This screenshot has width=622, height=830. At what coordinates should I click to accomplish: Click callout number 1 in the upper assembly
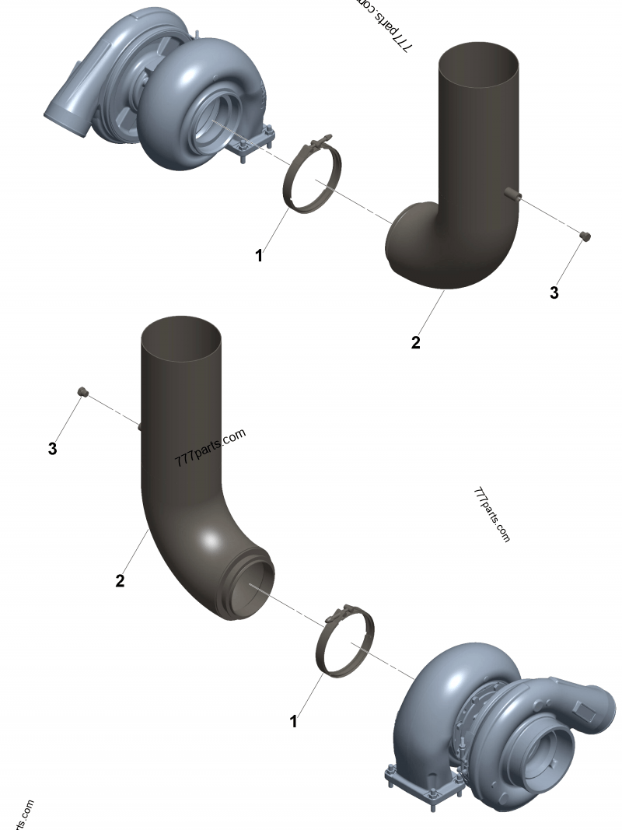point(260,256)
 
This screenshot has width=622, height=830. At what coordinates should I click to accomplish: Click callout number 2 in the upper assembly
point(416,342)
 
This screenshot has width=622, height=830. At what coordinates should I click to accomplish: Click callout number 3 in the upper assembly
point(554,293)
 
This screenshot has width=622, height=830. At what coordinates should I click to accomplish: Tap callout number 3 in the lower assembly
point(52,449)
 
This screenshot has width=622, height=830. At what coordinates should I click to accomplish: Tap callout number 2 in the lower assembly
point(120,580)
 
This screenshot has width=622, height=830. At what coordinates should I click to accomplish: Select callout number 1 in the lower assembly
point(294,722)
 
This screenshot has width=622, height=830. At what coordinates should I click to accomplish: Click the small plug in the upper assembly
point(587,236)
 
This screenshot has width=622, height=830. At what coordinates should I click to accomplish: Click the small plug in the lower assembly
point(81,392)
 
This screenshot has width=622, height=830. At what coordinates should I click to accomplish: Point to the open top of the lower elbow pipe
point(180,334)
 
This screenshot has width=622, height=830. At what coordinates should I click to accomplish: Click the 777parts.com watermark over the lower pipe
point(210,447)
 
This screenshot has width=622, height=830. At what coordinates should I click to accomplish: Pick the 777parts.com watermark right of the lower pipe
point(491,515)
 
